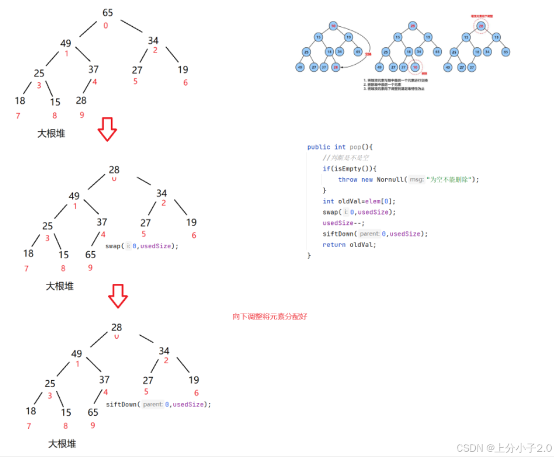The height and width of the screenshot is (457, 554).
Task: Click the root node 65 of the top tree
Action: point(107,13)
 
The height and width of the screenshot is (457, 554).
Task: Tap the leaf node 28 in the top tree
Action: point(81,100)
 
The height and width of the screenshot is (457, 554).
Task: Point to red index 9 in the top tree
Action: point(82,115)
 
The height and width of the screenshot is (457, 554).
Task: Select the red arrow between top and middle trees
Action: point(107,129)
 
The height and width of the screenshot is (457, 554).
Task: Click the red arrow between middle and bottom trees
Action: point(117,296)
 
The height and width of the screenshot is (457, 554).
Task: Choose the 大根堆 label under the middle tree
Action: point(60,286)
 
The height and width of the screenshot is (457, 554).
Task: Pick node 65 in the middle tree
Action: point(90,255)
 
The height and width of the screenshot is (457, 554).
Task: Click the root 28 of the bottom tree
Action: point(117,327)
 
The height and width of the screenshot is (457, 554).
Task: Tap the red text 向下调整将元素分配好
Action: point(270,317)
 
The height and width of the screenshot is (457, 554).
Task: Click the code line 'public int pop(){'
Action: point(340,147)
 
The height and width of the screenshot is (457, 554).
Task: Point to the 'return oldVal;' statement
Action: point(349,245)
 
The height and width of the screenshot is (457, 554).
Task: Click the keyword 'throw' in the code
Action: point(347,180)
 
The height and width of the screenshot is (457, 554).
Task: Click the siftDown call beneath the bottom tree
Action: point(158,404)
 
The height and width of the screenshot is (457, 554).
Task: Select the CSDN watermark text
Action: point(503,448)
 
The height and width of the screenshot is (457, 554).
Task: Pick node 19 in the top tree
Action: point(183,69)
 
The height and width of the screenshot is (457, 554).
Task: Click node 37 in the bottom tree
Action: point(104,379)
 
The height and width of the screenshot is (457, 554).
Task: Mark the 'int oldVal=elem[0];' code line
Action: point(354,201)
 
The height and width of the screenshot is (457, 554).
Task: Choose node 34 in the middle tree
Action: point(162,193)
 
